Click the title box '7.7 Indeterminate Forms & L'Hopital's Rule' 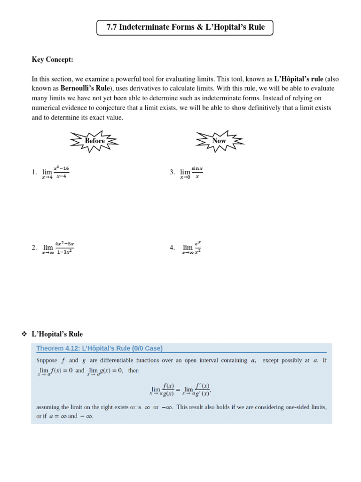(185, 27)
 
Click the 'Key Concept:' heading (53, 60)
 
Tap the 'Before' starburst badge (94, 141)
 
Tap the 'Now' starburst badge (219, 141)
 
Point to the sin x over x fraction (197, 172)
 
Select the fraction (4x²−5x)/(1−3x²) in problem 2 (65, 247)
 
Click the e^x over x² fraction (198, 247)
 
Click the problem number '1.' (34, 173)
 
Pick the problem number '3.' (173, 173)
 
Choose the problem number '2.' (34, 248)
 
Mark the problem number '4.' (173, 248)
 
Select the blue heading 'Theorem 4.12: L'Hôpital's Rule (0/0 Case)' (99, 348)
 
